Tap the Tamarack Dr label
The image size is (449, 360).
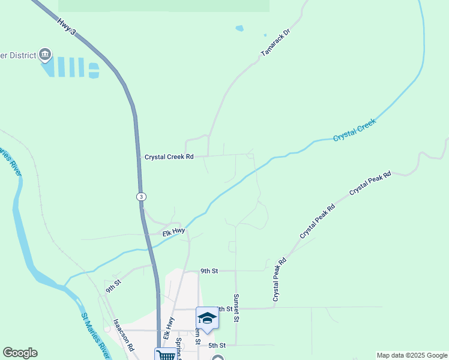276,43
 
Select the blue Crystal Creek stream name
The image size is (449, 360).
354,130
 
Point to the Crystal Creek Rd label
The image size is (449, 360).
169,157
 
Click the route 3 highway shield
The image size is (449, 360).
140,196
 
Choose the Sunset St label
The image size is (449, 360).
237,308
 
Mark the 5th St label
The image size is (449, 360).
217,346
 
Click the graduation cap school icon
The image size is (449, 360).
207,317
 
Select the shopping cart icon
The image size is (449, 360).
166,355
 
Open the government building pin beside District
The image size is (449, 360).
45,56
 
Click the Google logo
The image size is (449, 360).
20,353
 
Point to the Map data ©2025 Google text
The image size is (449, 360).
412,355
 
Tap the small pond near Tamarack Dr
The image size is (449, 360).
240,28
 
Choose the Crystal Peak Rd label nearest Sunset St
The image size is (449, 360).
280,279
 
